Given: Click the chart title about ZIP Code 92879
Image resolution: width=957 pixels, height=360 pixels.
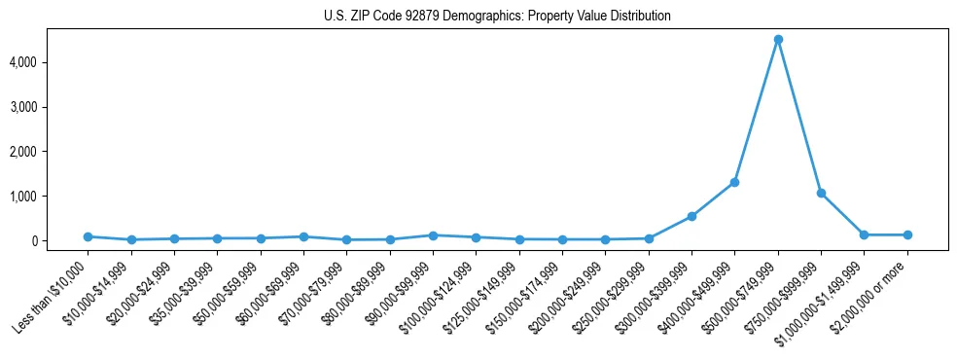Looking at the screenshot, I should [x=497, y=17].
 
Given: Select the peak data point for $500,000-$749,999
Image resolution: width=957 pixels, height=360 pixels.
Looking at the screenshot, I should [x=778, y=40].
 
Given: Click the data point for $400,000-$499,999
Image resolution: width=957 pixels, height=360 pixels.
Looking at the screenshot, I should [x=735, y=182].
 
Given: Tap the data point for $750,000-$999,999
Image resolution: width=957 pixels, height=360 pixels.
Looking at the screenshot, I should [x=821, y=194].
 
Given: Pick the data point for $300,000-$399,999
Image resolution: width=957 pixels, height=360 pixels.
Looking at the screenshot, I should [x=691, y=216].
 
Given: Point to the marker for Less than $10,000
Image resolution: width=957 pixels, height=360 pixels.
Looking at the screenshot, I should [x=88, y=236].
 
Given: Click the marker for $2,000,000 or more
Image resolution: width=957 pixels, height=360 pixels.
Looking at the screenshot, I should [x=907, y=234].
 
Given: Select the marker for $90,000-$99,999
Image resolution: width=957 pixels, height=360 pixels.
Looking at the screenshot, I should [x=433, y=235].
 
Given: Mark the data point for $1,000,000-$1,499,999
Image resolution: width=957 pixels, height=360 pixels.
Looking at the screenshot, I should [x=864, y=234].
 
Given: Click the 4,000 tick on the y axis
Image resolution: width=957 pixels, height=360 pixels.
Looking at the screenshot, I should [x=51, y=62].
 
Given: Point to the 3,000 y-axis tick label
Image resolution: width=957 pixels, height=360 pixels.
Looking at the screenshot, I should [x=51, y=107].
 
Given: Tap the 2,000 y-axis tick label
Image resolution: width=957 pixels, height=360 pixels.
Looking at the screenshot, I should [x=51, y=152].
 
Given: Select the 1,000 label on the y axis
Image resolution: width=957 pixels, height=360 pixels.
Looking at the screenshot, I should [x=51, y=197].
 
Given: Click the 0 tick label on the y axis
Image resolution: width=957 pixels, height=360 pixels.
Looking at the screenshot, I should [x=59, y=241].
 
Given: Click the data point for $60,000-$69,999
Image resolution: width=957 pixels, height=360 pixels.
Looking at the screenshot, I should [x=303, y=236].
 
